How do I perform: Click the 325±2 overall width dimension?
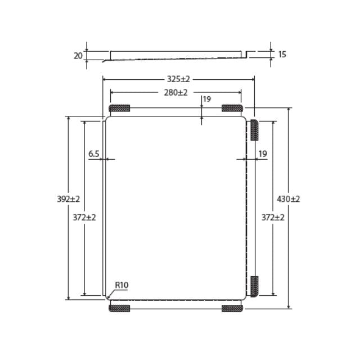pyautogui.click(x=178, y=79)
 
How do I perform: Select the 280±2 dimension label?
pyautogui.click(x=175, y=92)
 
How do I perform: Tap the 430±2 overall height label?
pyautogui.click(x=289, y=199)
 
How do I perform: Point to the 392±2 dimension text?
pyautogui.click(x=69, y=199)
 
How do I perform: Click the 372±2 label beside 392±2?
pyautogui.click(x=84, y=217)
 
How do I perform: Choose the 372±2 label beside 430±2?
pyautogui.click(x=273, y=217)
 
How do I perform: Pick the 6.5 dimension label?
pyautogui.click(x=94, y=153)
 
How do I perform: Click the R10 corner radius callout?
pyautogui.click(x=121, y=286)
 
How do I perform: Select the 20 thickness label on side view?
pyautogui.click(x=78, y=56)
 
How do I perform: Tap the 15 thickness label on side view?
pyautogui.click(x=282, y=55)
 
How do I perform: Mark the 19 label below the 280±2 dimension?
pyautogui.click(x=207, y=99)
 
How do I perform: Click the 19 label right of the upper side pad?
pyautogui.click(x=263, y=153)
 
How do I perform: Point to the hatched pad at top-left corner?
pyautogui.click(x=119, y=108)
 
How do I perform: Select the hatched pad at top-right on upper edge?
pyautogui.click(x=232, y=108)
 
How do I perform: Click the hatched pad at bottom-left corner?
pyautogui.click(x=119, y=308)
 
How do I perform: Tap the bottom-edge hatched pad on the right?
pyautogui.click(x=232, y=308)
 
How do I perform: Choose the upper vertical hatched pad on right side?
pyautogui.click(x=254, y=130)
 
